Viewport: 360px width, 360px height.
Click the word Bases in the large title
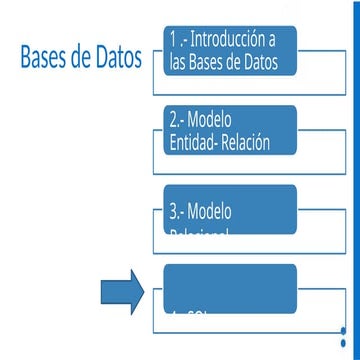(x=45, y=57)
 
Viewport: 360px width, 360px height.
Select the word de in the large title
(x=85, y=57)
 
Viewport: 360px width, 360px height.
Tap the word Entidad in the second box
(x=192, y=142)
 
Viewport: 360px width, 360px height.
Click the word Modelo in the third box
(x=211, y=211)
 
